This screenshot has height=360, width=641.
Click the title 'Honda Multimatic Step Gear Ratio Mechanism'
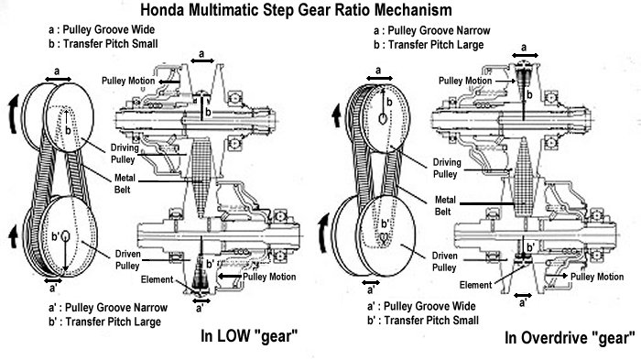(296, 10)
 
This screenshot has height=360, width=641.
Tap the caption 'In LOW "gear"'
(249, 336)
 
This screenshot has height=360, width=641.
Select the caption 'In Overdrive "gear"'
(570, 338)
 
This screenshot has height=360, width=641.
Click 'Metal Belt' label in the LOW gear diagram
(125, 184)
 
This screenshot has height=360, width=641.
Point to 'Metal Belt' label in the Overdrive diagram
(445, 206)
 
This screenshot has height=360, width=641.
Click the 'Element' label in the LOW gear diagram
(157, 279)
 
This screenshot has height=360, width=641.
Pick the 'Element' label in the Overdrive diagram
(475, 285)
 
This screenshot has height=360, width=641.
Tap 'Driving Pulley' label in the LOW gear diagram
(125, 153)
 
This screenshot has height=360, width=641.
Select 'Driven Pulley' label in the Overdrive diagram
(444, 261)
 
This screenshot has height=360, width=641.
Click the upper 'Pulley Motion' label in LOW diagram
(128, 81)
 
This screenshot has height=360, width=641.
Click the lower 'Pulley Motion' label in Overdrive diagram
(597, 277)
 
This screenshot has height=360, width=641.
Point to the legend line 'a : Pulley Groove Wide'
(102, 29)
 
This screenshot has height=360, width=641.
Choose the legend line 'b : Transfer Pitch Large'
(429, 45)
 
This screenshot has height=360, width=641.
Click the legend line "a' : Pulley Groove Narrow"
(108, 307)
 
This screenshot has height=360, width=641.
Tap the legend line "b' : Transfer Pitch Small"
(423, 320)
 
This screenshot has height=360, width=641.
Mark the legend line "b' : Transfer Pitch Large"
(104, 322)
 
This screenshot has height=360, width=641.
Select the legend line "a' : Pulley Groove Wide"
(421, 306)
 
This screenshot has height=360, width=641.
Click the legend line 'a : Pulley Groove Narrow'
(431, 30)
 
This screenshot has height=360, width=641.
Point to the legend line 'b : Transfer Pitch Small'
(103, 43)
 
